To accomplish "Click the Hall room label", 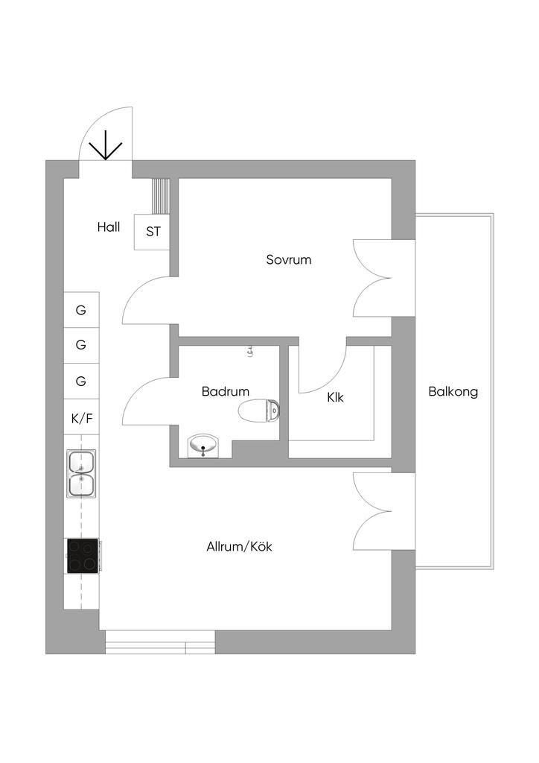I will (x=108, y=227).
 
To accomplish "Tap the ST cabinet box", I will (x=153, y=232).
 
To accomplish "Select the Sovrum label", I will (x=288, y=260).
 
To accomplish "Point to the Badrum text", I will (x=225, y=391).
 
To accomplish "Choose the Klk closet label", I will (x=335, y=398).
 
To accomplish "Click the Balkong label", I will (x=453, y=391).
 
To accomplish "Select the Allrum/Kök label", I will (x=239, y=546).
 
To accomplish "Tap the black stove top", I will (x=83, y=556).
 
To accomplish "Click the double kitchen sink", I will (x=81, y=473).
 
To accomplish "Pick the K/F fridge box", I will (x=81, y=419).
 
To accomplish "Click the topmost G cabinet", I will (x=81, y=309).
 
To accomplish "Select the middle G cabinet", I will (x=81, y=345).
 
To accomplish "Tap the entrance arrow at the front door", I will (x=106, y=145).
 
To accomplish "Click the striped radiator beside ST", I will (x=161, y=196).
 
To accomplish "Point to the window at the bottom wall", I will (x=159, y=642).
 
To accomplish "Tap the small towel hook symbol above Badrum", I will (x=250, y=351).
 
